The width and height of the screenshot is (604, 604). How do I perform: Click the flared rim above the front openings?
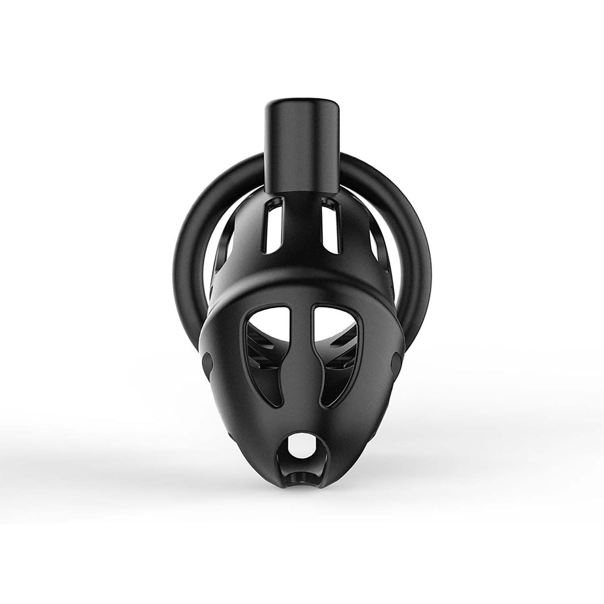(302, 288)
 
